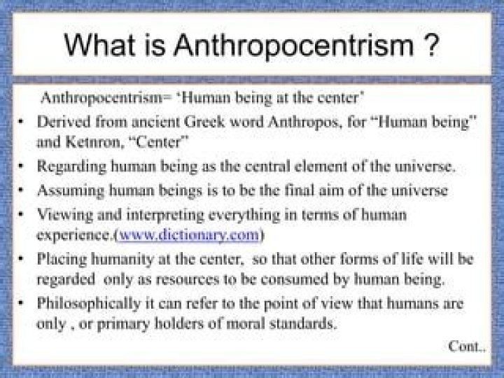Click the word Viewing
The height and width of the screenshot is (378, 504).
coord(61,213)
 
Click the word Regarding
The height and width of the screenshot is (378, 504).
coord(69,167)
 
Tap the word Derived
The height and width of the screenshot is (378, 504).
coord(60,122)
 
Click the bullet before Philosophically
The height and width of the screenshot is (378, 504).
coord(23,305)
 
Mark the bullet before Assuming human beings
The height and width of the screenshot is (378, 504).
coord(23,190)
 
